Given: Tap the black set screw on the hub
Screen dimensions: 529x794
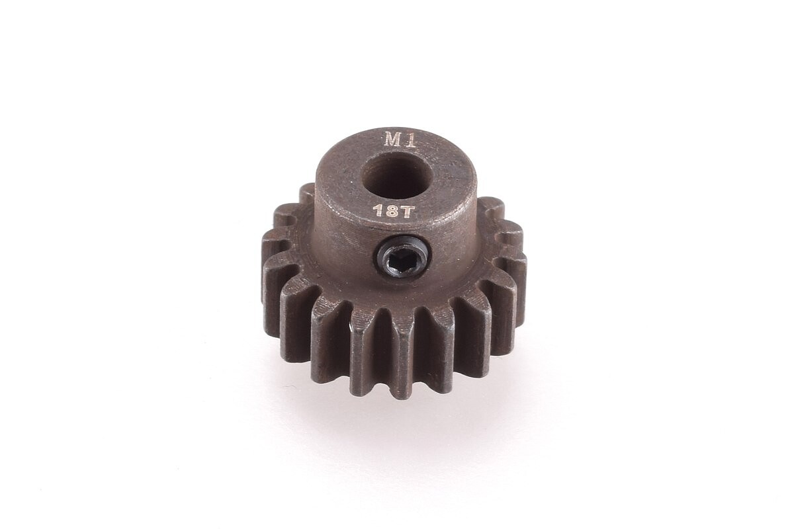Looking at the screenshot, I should [x=402, y=255].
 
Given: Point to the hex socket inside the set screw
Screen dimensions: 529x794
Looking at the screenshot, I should [x=402, y=256].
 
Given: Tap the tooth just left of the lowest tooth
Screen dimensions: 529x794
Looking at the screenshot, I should [x=366, y=354].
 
